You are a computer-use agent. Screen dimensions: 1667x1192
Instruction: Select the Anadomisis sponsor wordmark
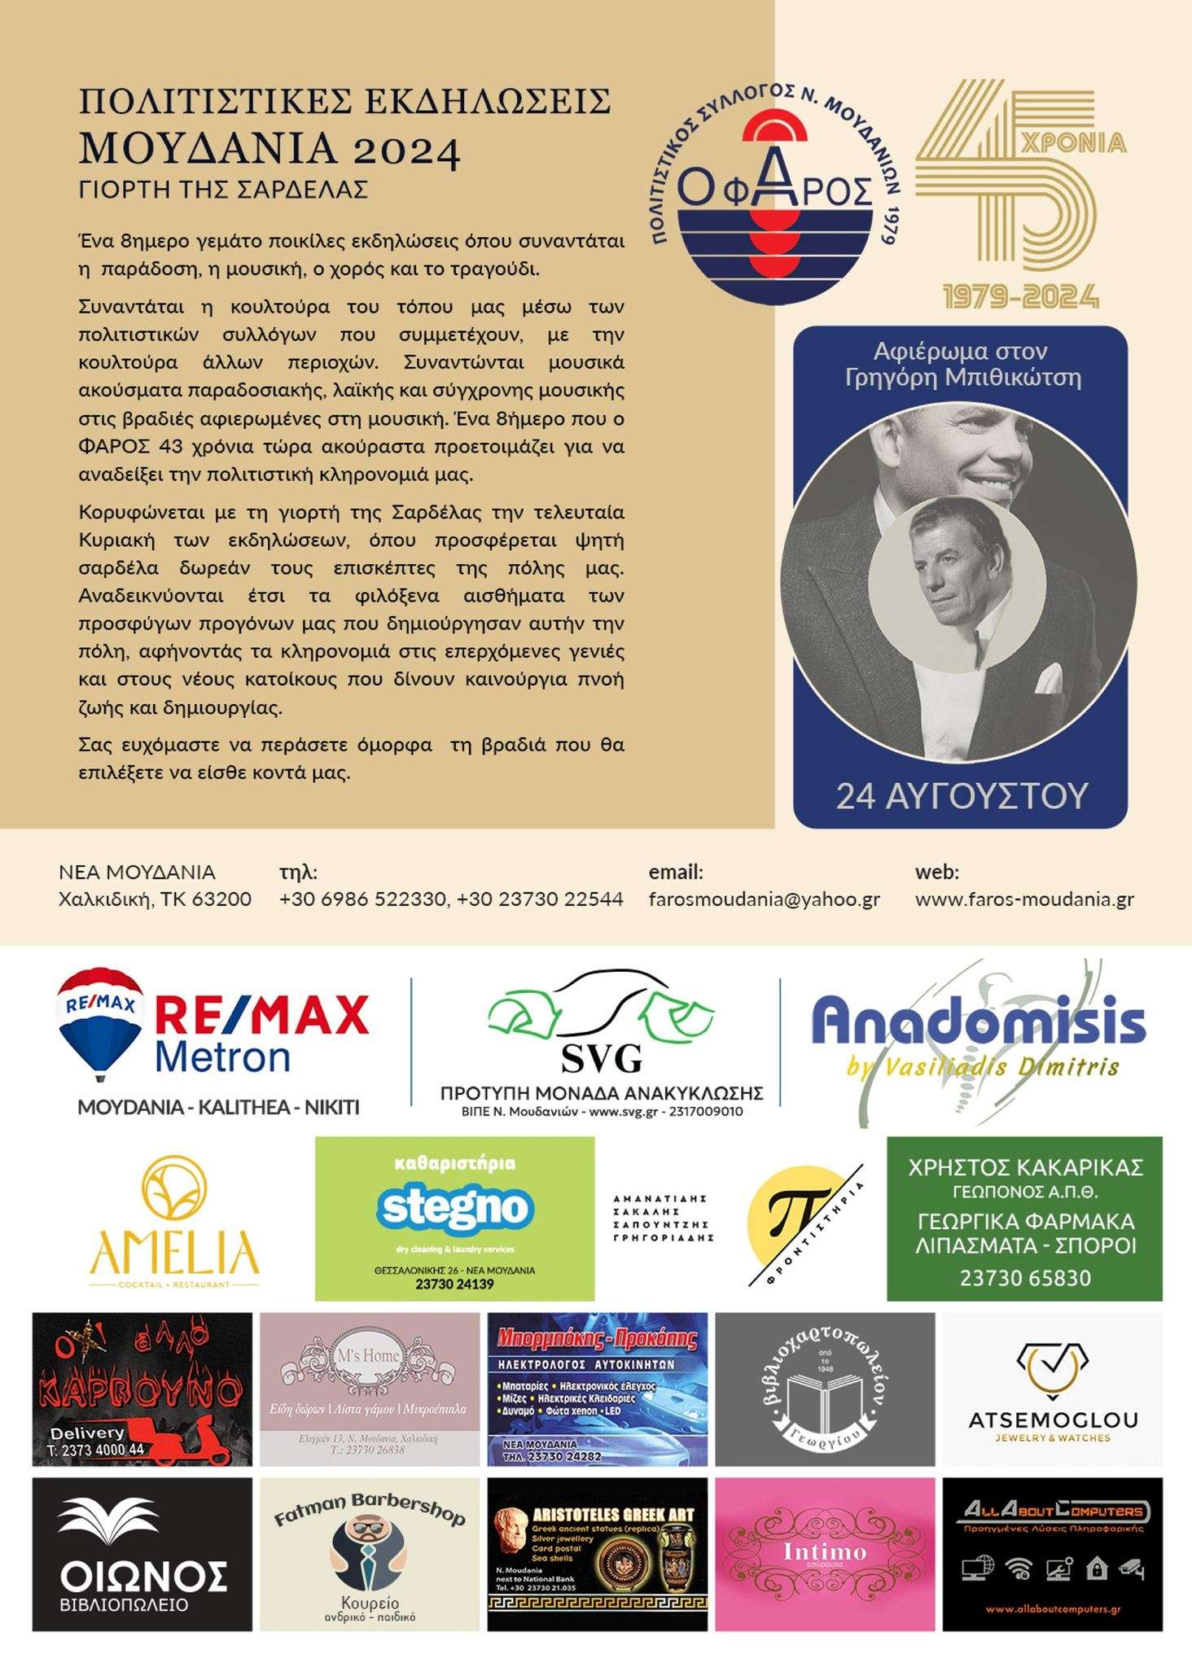[x=978, y=1025]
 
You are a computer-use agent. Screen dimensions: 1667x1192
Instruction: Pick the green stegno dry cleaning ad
[x=454, y=1219]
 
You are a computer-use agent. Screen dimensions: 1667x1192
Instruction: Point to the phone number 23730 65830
[x=1024, y=1278]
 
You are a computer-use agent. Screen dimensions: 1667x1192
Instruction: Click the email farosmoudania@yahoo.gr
[x=764, y=899]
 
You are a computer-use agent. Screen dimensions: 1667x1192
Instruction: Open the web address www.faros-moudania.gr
[x=1024, y=899]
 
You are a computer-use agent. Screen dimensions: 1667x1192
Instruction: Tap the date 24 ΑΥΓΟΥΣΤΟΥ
[x=962, y=797]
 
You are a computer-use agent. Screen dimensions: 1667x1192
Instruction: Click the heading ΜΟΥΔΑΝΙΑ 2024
[x=270, y=149]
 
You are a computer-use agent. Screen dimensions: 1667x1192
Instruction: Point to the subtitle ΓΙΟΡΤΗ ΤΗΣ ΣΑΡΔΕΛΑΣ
[x=223, y=190]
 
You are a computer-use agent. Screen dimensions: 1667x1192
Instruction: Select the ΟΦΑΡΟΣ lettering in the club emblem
[x=774, y=189]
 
